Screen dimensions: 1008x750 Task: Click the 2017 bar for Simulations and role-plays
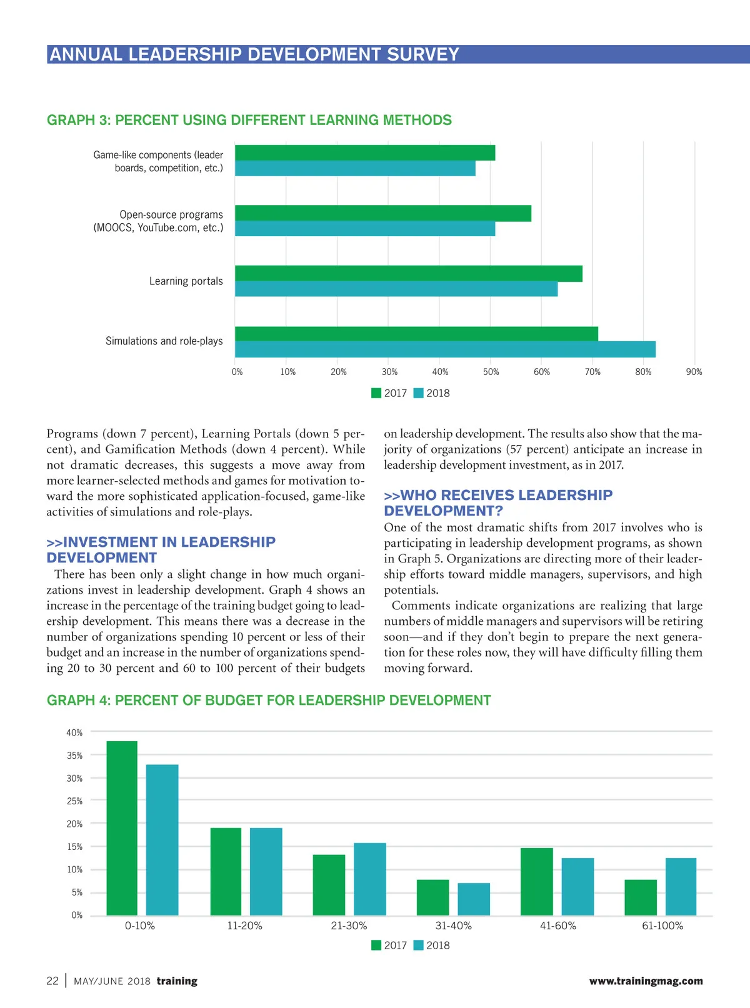(416, 334)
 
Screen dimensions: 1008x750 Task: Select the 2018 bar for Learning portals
(396, 289)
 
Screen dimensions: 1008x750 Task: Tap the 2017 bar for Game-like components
(365, 152)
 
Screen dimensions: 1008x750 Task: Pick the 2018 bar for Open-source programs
(365, 229)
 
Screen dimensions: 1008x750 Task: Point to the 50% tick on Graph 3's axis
(491, 372)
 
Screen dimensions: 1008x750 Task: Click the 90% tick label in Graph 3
(694, 372)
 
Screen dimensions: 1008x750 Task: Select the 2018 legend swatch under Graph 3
(419, 393)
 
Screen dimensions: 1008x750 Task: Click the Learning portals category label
(186, 281)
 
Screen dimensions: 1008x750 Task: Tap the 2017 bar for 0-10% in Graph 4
(122, 828)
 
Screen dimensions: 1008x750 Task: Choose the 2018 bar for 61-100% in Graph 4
(681, 887)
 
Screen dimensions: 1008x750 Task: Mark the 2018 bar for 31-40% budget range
(474, 899)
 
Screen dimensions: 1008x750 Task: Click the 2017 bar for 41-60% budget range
(536, 882)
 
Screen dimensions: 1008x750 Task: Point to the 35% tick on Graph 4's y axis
(74, 756)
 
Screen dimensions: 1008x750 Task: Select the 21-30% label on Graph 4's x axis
(349, 926)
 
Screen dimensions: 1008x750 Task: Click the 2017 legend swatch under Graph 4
(376, 945)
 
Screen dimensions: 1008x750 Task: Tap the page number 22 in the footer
(52, 981)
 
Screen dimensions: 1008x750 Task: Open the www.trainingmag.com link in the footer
(646, 981)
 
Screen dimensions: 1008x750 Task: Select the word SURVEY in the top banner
(423, 54)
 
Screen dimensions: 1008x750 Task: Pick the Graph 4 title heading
(269, 701)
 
